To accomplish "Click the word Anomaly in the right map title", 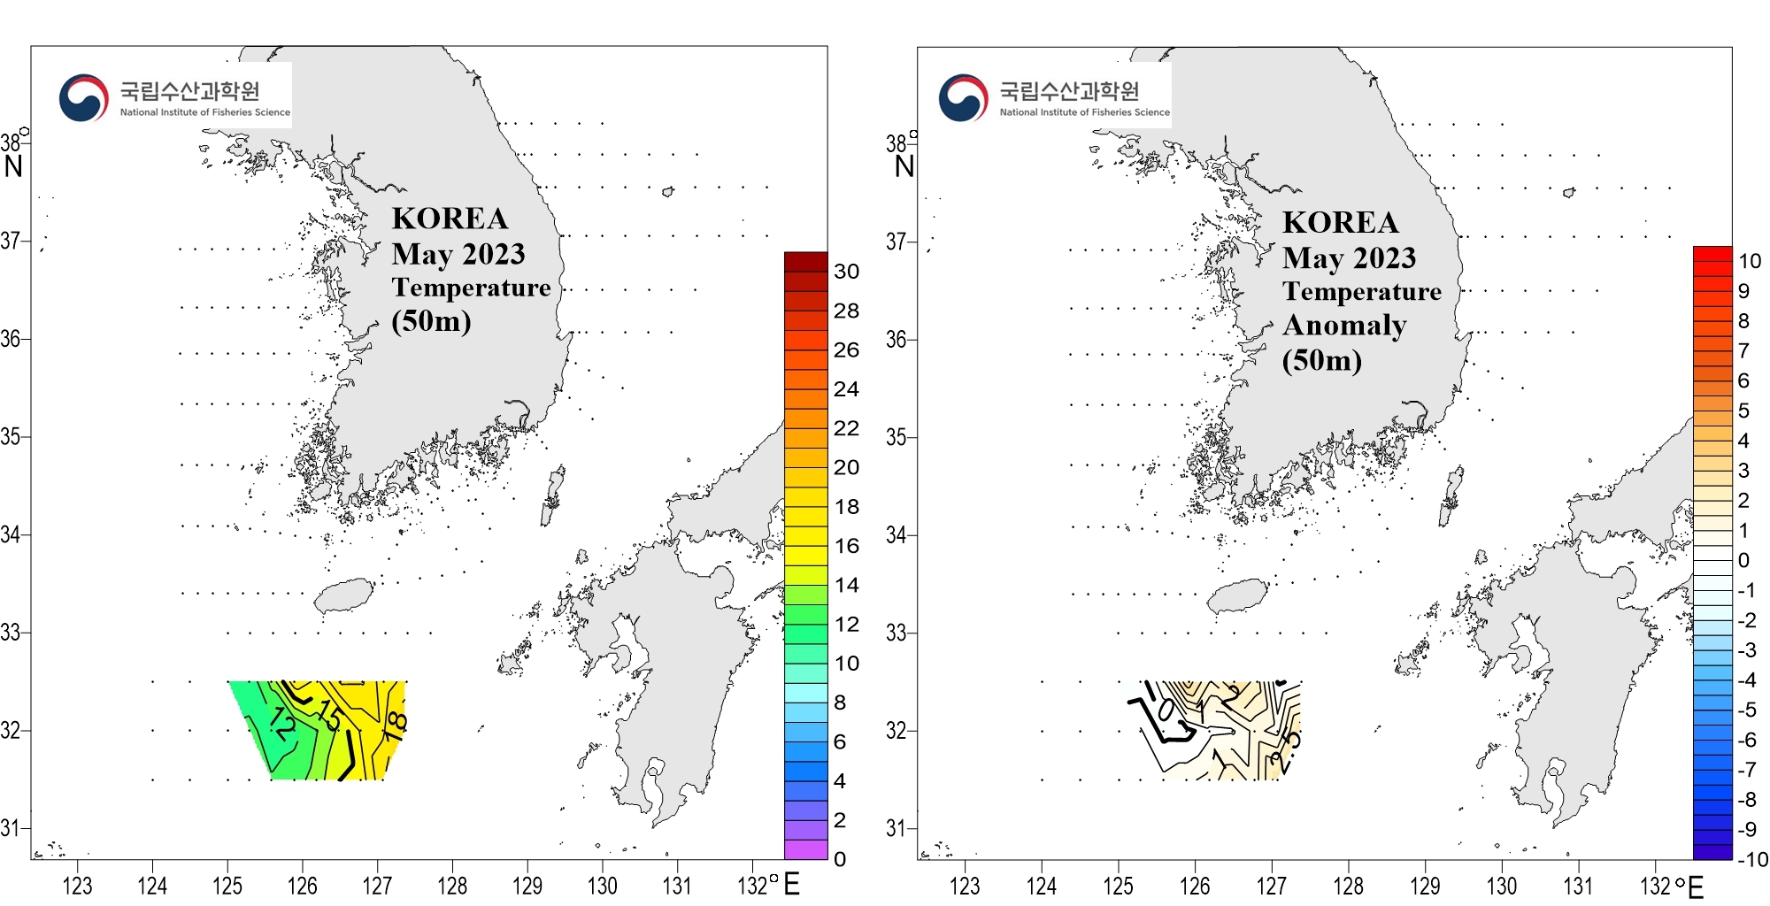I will tap(1344, 326).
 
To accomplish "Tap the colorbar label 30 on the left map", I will tap(846, 272).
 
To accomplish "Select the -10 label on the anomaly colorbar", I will tap(1751, 859).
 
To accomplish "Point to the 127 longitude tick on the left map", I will tap(377, 885).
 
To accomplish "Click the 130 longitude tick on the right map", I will tap(1501, 885).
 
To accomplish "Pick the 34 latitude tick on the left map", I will tap(11, 534).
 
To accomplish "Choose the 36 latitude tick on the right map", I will tap(897, 339).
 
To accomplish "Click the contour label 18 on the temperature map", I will tap(396, 726).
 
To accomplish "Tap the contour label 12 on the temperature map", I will tap(282, 723).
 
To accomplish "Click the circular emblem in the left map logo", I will tap(84, 98).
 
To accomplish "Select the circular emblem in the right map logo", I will tap(964, 98).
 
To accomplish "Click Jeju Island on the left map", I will tap(343, 595).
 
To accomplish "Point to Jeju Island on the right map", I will tap(1236, 595).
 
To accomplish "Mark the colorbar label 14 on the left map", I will tap(846, 585).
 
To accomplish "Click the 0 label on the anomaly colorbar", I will tap(1743, 560).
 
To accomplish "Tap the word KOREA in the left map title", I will tap(450, 219).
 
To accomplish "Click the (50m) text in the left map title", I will tap(431, 320).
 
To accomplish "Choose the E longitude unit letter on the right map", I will tap(1696, 887).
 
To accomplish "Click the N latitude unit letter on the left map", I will tap(13, 166).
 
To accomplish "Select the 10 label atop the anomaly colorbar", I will tap(1749, 261).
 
